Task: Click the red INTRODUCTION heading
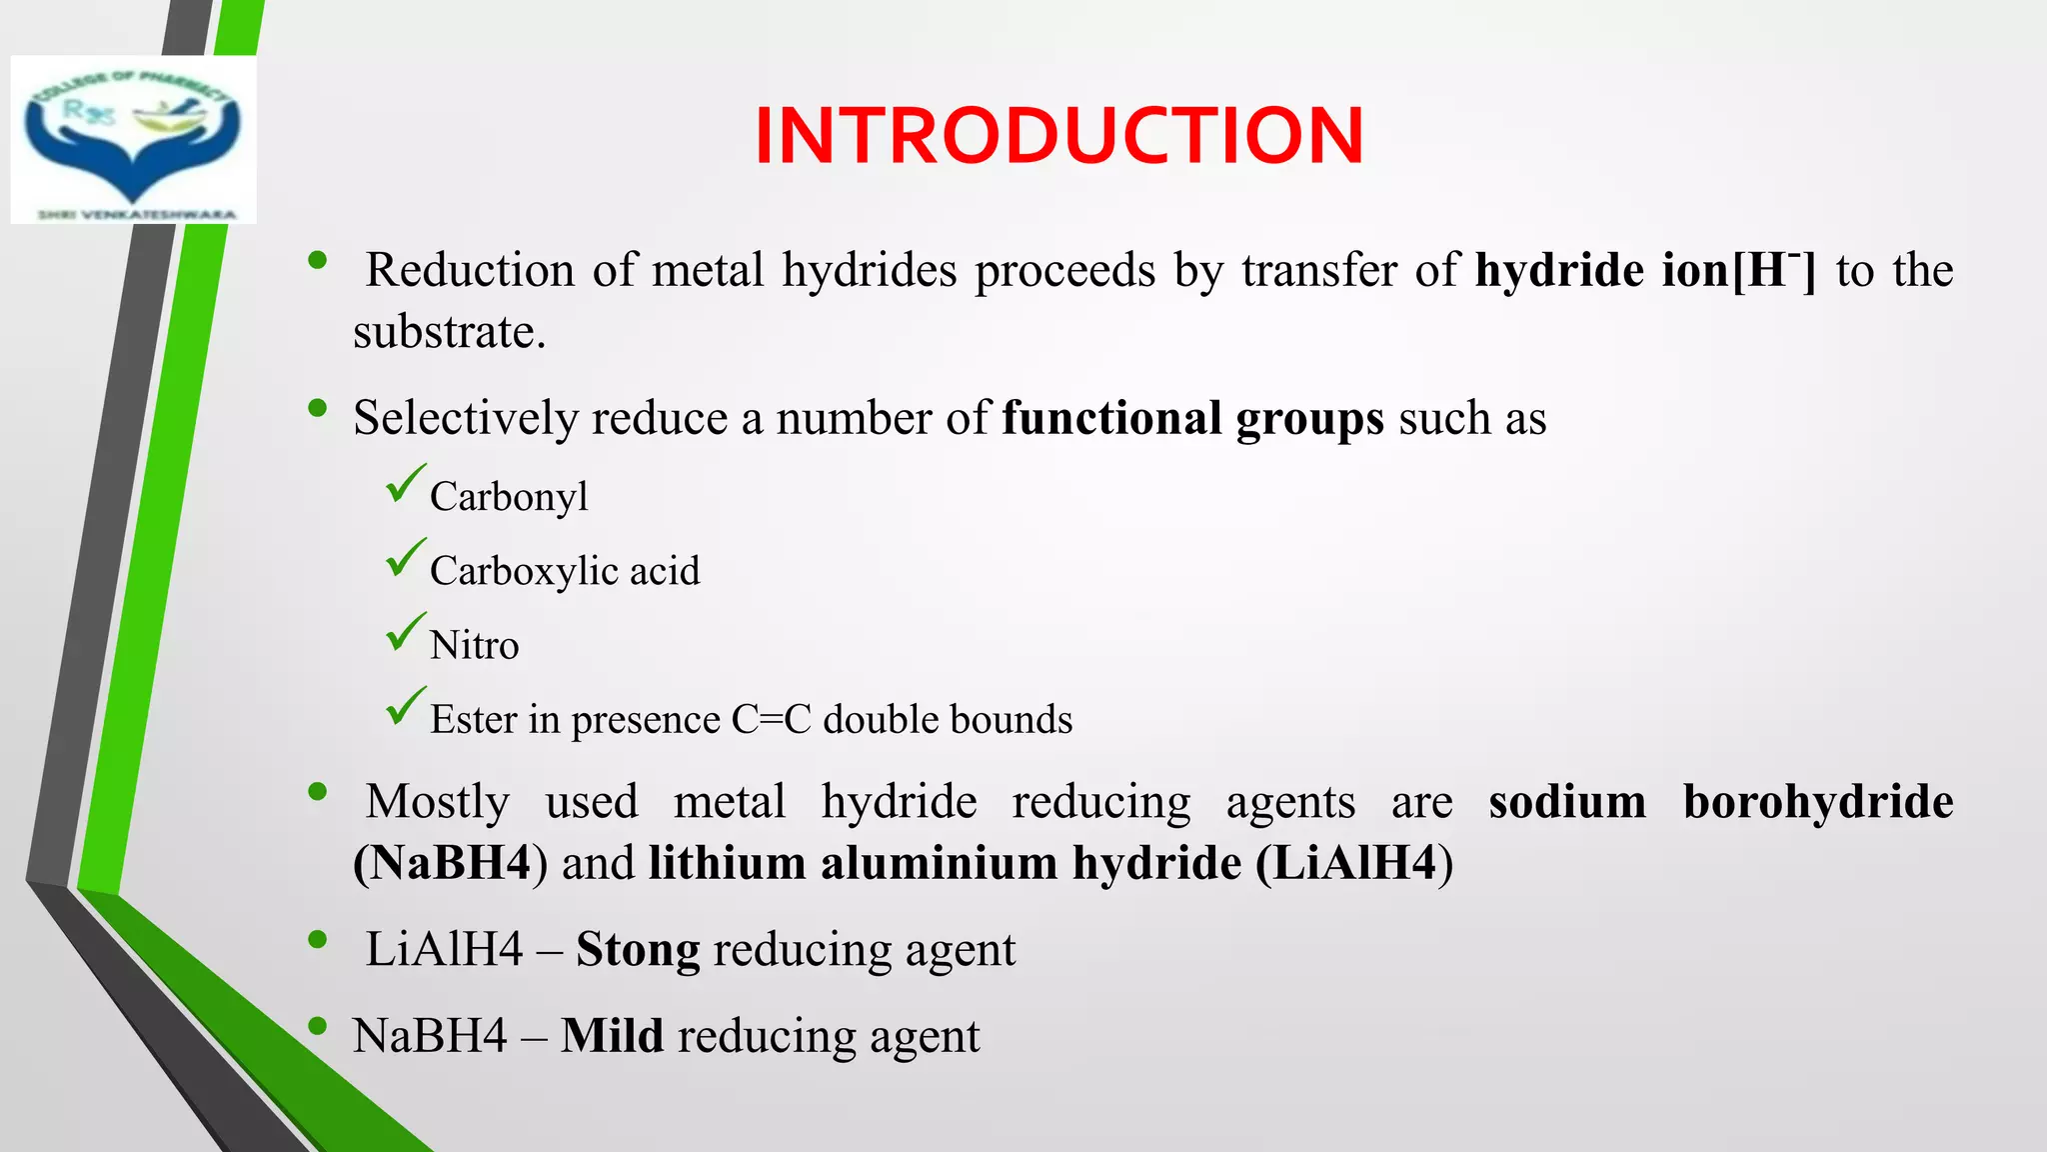1058,136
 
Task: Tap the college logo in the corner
133,140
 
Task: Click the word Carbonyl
509,497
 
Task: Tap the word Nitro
474,645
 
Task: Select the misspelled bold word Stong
638,950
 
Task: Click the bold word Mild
612,1036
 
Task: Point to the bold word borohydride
1817,802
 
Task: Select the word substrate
449,332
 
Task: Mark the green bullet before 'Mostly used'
318,792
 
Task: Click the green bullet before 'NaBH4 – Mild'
318,1026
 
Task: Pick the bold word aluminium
939,863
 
